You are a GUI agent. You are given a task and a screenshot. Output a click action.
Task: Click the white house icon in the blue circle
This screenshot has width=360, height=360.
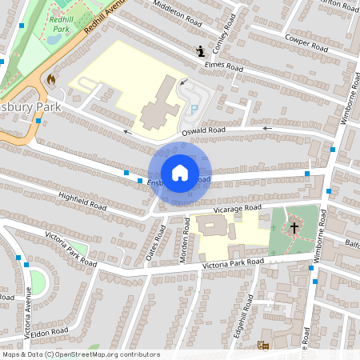point(179,172)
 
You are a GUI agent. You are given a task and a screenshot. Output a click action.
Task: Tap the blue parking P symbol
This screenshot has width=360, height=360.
point(192,109)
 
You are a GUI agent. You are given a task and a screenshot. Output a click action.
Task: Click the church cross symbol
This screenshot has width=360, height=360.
point(294,228)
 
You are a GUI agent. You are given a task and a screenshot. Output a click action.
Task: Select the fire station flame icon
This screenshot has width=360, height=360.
point(52,79)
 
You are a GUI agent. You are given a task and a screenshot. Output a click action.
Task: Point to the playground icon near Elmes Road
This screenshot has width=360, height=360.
point(199,53)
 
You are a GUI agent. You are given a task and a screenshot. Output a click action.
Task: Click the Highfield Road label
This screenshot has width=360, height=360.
point(82,200)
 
